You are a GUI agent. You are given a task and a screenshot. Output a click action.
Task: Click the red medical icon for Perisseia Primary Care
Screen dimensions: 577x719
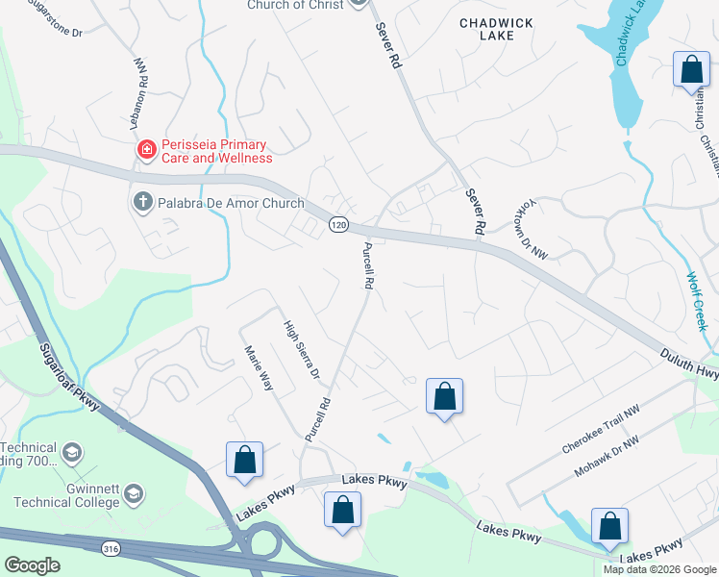coord(146,149)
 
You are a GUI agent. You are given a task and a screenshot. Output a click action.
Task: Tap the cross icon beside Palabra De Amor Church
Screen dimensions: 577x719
coord(141,203)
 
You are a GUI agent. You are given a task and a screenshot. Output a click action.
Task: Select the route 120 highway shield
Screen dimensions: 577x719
coord(337,224)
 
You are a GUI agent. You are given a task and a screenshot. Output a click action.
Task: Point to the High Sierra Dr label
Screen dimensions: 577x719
coord(300,351)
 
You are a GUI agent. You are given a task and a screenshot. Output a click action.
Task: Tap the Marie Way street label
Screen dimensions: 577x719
coord(260,368)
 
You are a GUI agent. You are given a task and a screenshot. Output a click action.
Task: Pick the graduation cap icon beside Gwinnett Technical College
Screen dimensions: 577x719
coord(134,494)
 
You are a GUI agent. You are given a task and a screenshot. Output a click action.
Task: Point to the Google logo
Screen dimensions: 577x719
coord(32,565)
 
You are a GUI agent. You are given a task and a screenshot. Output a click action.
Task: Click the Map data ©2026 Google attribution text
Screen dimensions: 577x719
coord(659,569)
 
